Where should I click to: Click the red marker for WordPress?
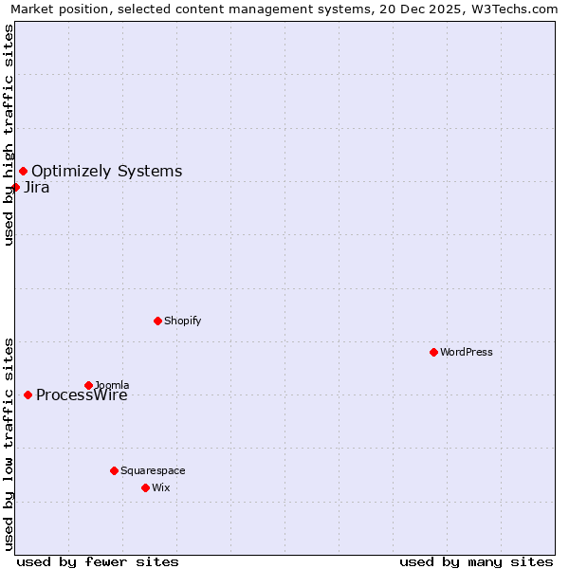(433, 352)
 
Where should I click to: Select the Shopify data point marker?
(157, 321)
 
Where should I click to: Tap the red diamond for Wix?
(145, 487)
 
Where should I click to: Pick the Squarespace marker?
(114, 470)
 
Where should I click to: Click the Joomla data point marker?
(88, 385)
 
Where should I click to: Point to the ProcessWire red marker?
(28, 395)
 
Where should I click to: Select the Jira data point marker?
(15, 187)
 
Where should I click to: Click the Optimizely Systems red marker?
(23, 171)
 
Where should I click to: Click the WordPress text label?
(466, 352)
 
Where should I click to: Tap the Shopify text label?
(182, 321)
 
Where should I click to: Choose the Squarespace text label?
(153, 470)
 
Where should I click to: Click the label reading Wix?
(160, 487)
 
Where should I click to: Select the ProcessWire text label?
(82, 395)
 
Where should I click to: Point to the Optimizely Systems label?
(106, 172)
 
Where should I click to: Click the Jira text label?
(36, 188)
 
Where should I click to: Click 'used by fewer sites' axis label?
(98, 561)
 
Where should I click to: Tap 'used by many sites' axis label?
(476, 561)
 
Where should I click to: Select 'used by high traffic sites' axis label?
(9, 135)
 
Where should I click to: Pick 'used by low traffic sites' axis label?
(9, 443)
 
